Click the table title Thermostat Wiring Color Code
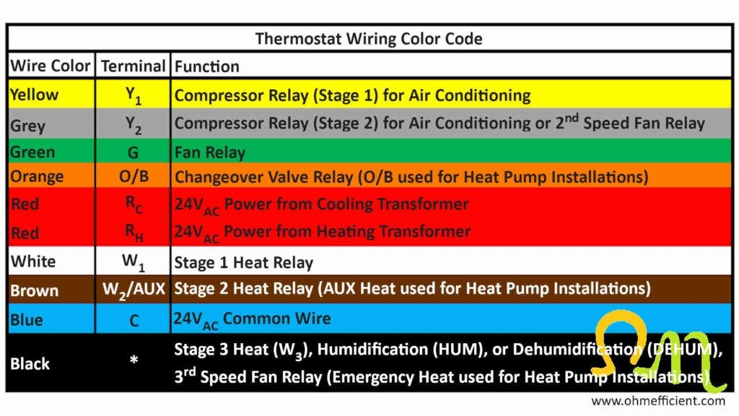tap(369, 39)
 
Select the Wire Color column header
tap(51, 66)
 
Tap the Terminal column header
tap(134, 66)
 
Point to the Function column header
tap(207, 66)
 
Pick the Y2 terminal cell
tap(134, 125)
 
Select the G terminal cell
tap(134, 152)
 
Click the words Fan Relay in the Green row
tap(210, 152)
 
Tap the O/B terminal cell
tap(134, 176)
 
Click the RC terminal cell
tap(134, 204)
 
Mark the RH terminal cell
tap(134, 233)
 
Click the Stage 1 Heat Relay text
tap(244, 263)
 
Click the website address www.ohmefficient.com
tap(658, 401)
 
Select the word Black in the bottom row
tap(30, 364)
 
